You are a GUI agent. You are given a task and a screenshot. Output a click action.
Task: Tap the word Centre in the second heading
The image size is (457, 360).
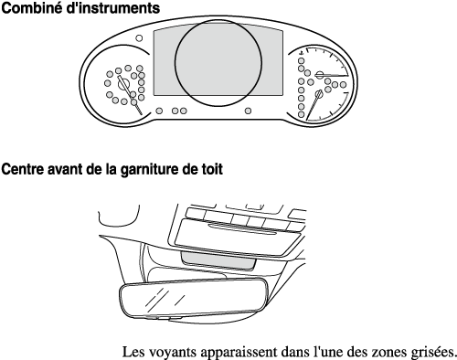(22, 169)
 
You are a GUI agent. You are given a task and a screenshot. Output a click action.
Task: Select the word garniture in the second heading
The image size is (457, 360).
(149, 170)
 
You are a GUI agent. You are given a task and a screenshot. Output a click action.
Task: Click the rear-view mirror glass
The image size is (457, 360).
(193, 299)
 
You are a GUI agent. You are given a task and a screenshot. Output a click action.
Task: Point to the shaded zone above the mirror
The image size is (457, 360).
(218, 260)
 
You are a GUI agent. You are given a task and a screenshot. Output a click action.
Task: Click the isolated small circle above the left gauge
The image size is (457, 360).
(139, 38)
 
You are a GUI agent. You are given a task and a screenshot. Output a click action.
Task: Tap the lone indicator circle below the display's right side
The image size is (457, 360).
(249, 111)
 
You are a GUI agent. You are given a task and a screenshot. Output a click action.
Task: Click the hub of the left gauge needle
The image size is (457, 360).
(123, 84)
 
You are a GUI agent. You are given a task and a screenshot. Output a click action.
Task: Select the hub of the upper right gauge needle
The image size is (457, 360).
(320, 75)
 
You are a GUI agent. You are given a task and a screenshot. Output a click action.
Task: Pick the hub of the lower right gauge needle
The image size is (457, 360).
(319, 93)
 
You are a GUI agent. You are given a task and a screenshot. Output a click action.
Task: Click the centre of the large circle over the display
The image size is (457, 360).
(218, 63)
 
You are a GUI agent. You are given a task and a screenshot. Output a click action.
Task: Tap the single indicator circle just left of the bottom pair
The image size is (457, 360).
(159, 111)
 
